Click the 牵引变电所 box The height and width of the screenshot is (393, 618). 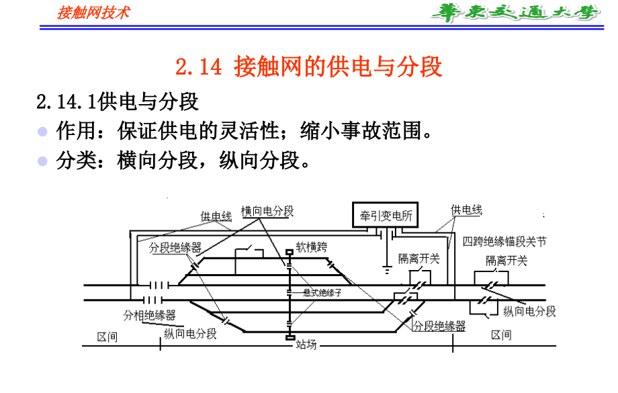386,216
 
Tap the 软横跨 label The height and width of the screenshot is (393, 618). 312,247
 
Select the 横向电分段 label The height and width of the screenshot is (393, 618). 267,211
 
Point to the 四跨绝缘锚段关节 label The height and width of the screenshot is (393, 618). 504,241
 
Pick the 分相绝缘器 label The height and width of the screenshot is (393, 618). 149,314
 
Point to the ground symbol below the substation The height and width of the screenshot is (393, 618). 386,270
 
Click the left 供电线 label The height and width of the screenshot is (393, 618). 216,217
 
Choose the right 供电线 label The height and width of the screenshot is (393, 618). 466,210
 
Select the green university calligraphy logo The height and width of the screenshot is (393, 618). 514,13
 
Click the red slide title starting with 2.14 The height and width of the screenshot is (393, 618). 308,68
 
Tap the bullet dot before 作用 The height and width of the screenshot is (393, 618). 43,131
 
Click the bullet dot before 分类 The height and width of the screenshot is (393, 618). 43,161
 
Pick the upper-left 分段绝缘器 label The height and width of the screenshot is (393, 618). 175,248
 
